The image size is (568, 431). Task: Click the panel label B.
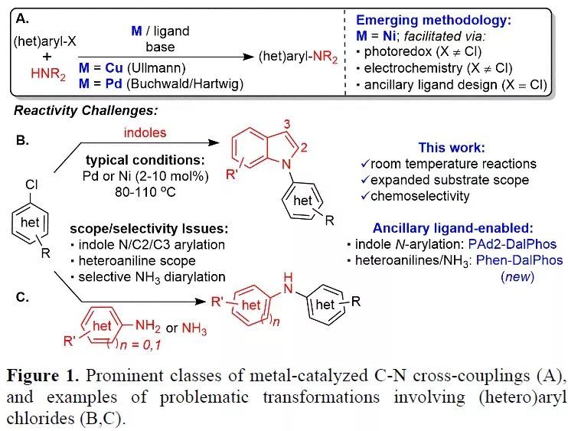pyautogui.click(x=23, y=141)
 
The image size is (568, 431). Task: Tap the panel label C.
pyautogui.click(x=23, y=292)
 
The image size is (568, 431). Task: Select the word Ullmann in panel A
pyautogui.click(x=162, y=68)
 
